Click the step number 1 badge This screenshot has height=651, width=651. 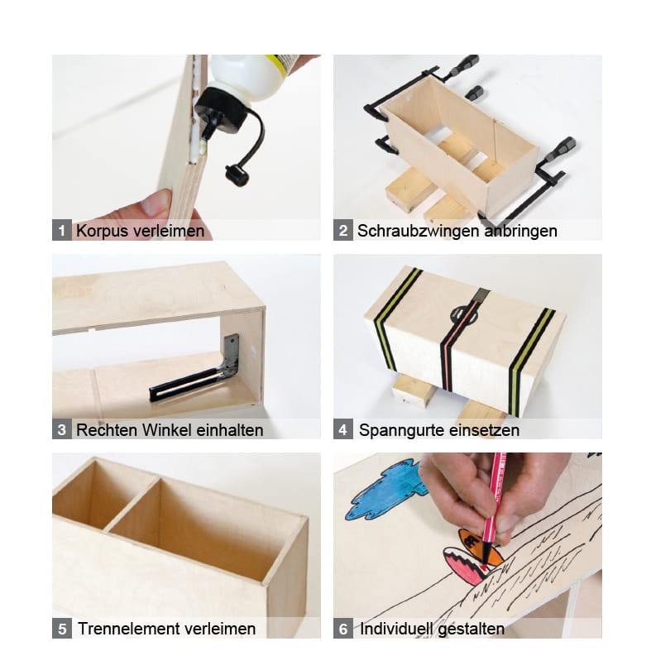pos(62,230)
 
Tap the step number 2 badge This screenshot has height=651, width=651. pos(343,230)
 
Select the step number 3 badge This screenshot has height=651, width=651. pos(62,429)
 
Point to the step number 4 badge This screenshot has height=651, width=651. pos(343,429)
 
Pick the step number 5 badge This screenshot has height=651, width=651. pos(62,628)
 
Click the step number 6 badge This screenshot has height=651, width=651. pos(343,628)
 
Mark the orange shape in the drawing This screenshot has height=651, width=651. pos(477,545)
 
